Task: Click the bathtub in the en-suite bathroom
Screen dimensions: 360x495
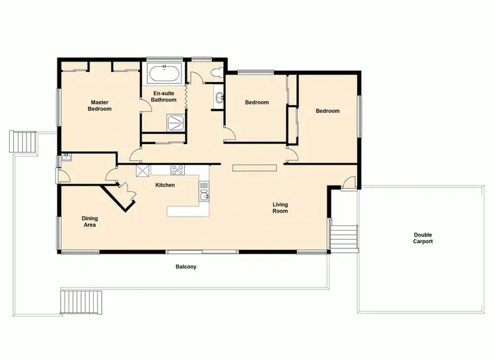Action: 164,74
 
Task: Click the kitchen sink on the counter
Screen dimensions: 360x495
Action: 204,194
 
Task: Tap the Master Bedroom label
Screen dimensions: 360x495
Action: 100,106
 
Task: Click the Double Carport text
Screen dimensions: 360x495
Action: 423,238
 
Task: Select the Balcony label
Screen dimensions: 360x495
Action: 185,268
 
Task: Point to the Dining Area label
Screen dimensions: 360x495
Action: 90,221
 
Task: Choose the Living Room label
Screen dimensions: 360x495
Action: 280,208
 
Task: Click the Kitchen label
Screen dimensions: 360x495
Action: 165,185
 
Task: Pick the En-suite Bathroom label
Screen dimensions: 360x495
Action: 165,97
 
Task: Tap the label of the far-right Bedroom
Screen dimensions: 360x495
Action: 327,111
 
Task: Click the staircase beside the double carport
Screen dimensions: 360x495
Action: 344,236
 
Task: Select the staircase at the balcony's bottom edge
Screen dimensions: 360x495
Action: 82,302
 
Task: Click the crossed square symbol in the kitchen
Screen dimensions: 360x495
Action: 143,170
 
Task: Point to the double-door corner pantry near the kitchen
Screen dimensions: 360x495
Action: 120,194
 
